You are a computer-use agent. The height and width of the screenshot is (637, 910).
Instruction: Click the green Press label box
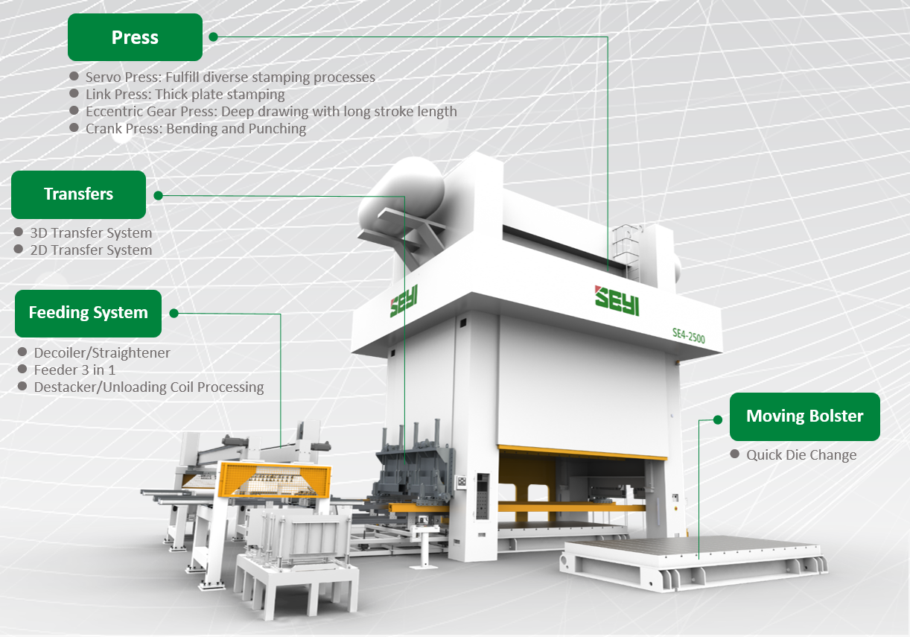pos(135,37)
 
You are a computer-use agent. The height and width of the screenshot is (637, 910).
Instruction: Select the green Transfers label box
pos(78,194)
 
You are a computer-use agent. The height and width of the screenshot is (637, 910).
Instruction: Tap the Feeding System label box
pos(88,313)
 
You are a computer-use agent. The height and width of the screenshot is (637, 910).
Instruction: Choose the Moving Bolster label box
pos(804,416)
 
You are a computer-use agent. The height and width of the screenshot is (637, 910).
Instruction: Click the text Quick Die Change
pos(801,455)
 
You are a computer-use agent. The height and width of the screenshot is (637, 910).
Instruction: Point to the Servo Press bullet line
pos(230,77)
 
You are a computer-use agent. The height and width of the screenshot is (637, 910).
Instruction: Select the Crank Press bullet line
pos(196,128)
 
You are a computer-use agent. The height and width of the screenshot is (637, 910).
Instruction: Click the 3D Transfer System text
pos(91,233)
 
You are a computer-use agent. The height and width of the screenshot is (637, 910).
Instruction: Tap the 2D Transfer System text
pos(91,250)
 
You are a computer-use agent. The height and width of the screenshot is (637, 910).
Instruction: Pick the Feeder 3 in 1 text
pos(74,370)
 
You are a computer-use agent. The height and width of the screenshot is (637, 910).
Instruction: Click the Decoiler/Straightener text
pos(102,352)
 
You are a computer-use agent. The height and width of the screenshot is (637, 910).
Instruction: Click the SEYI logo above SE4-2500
pos(617,300)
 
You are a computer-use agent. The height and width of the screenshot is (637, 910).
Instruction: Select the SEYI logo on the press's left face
pos(404,303)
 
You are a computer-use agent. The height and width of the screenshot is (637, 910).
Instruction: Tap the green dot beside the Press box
pos(213,37)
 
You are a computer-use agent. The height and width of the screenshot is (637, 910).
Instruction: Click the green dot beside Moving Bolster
pos(718,419)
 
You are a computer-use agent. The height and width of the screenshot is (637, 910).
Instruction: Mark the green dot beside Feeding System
pos(174,314)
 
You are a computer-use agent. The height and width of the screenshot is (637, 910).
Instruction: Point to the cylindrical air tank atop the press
pos(402,200)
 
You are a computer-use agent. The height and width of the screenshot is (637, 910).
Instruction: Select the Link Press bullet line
pos(185,94)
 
